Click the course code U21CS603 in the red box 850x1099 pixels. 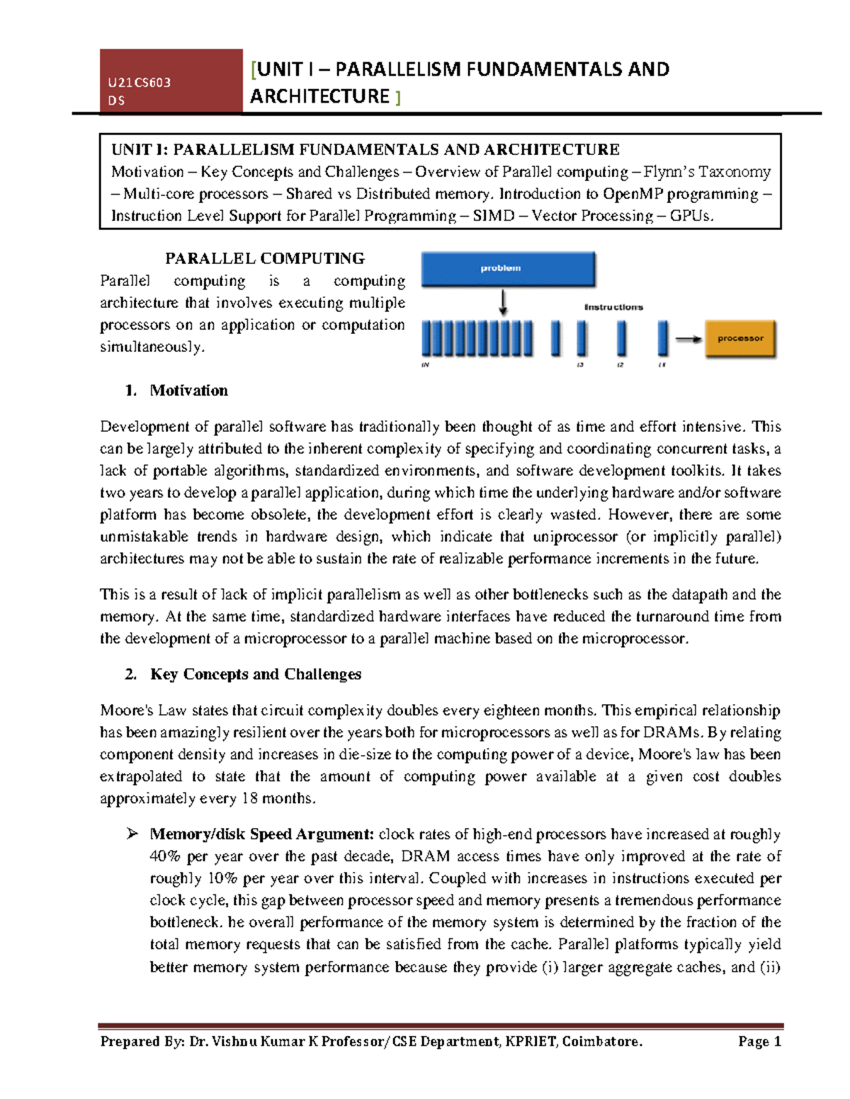(140, 82)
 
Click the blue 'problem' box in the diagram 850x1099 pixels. (507, 269)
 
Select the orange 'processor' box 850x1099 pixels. (739, 339)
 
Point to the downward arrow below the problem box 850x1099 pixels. (503, 302)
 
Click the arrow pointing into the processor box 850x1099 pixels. (687, 340)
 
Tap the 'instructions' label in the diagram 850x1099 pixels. (613, 307)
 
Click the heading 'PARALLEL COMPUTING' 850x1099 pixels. (265, 258)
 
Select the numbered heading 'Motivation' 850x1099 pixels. (188, 391)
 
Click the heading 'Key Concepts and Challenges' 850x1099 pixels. (255, 674)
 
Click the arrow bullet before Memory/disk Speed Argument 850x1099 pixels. (132, 834)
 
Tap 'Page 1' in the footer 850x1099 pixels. (759, 1041)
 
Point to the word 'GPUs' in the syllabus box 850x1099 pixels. (690, 216)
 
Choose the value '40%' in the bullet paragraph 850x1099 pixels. (166, 856)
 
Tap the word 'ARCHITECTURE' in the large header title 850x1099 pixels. (319, 96)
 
